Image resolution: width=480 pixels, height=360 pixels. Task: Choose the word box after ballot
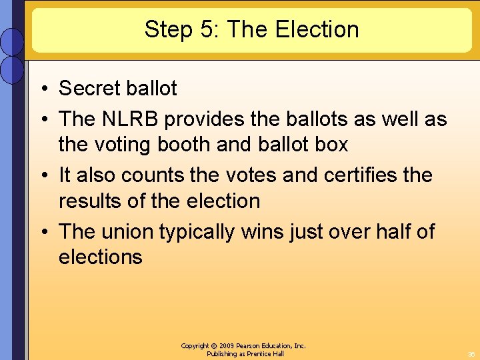click(x=331, y=144)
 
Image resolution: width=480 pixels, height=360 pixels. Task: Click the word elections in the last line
click(x=101, y=257)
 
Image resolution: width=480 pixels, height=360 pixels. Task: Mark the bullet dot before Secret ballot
click(x=41, y=89)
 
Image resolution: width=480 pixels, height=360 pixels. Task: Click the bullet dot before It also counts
click(x=41, y=176)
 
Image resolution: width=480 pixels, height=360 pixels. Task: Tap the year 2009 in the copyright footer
click(x=229, y=346)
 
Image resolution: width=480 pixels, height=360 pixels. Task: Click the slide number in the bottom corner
click(x=471, y=354)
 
